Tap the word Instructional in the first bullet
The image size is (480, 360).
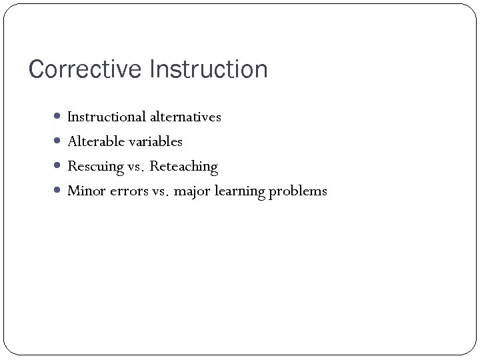(x=106, y=117)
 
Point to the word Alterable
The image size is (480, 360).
(x=92, y=141)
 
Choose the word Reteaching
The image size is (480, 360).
(x=184, y=167)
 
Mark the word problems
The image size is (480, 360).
(x=298, y=192)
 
